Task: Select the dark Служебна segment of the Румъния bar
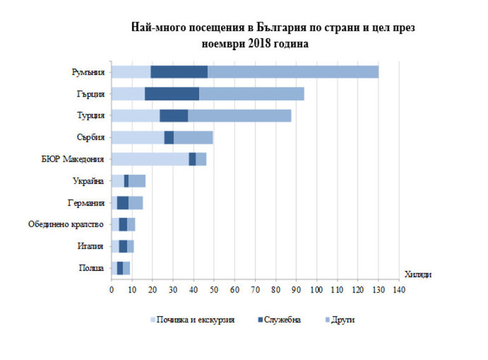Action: (179, 72)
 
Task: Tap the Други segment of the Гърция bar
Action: (252, 94)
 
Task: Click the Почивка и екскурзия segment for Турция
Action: (135, 116)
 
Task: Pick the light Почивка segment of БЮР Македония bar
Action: (150, 159)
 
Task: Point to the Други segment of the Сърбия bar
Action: (193, 137)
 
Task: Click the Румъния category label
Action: (88, 72)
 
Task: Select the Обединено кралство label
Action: (67, 225)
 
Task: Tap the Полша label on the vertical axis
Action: (91, 268)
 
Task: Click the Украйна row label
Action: (88, 181)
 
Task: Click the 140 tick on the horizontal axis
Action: (398, 291)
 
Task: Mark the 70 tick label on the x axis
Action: (255, 291)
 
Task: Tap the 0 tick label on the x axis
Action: (111, 291)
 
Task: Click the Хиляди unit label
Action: (417, 274)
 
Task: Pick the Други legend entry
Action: (341, 320)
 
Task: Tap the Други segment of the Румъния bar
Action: (293, 72)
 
